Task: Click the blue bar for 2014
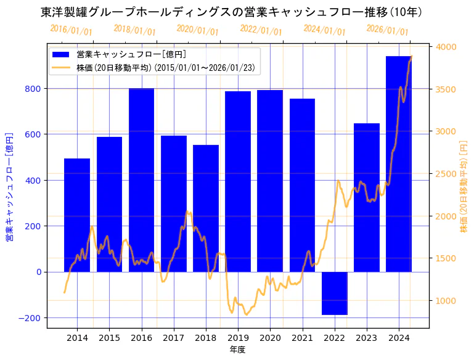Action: (77, 216)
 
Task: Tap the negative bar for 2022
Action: (334, 293)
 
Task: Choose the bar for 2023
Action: (366, 197)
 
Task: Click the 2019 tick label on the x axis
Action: (238, 338)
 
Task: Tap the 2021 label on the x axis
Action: (302, 338)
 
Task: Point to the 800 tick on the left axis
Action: (33, 88)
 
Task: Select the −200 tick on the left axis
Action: (31, 317)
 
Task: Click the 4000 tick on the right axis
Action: (446, 47)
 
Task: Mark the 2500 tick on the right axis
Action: (446, 174)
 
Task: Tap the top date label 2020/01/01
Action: (198, 30)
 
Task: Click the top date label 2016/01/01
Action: (72, 30)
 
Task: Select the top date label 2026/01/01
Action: (387, 30)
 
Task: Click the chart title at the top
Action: (231, 12)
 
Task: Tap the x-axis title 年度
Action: (237, 350)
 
